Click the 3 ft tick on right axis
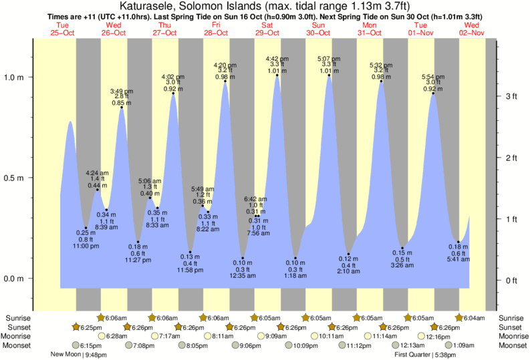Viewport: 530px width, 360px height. click(x=511, y=97)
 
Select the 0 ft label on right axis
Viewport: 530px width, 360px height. click(x=511, y=280)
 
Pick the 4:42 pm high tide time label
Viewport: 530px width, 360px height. click(x=277, y=58)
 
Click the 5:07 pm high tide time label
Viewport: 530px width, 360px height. click(x=329, y=58)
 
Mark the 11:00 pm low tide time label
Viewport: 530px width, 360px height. click(x=86, y=246)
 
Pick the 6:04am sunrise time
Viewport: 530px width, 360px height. click(x=476, y=318)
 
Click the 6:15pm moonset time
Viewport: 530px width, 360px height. click(x=90, y=345)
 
